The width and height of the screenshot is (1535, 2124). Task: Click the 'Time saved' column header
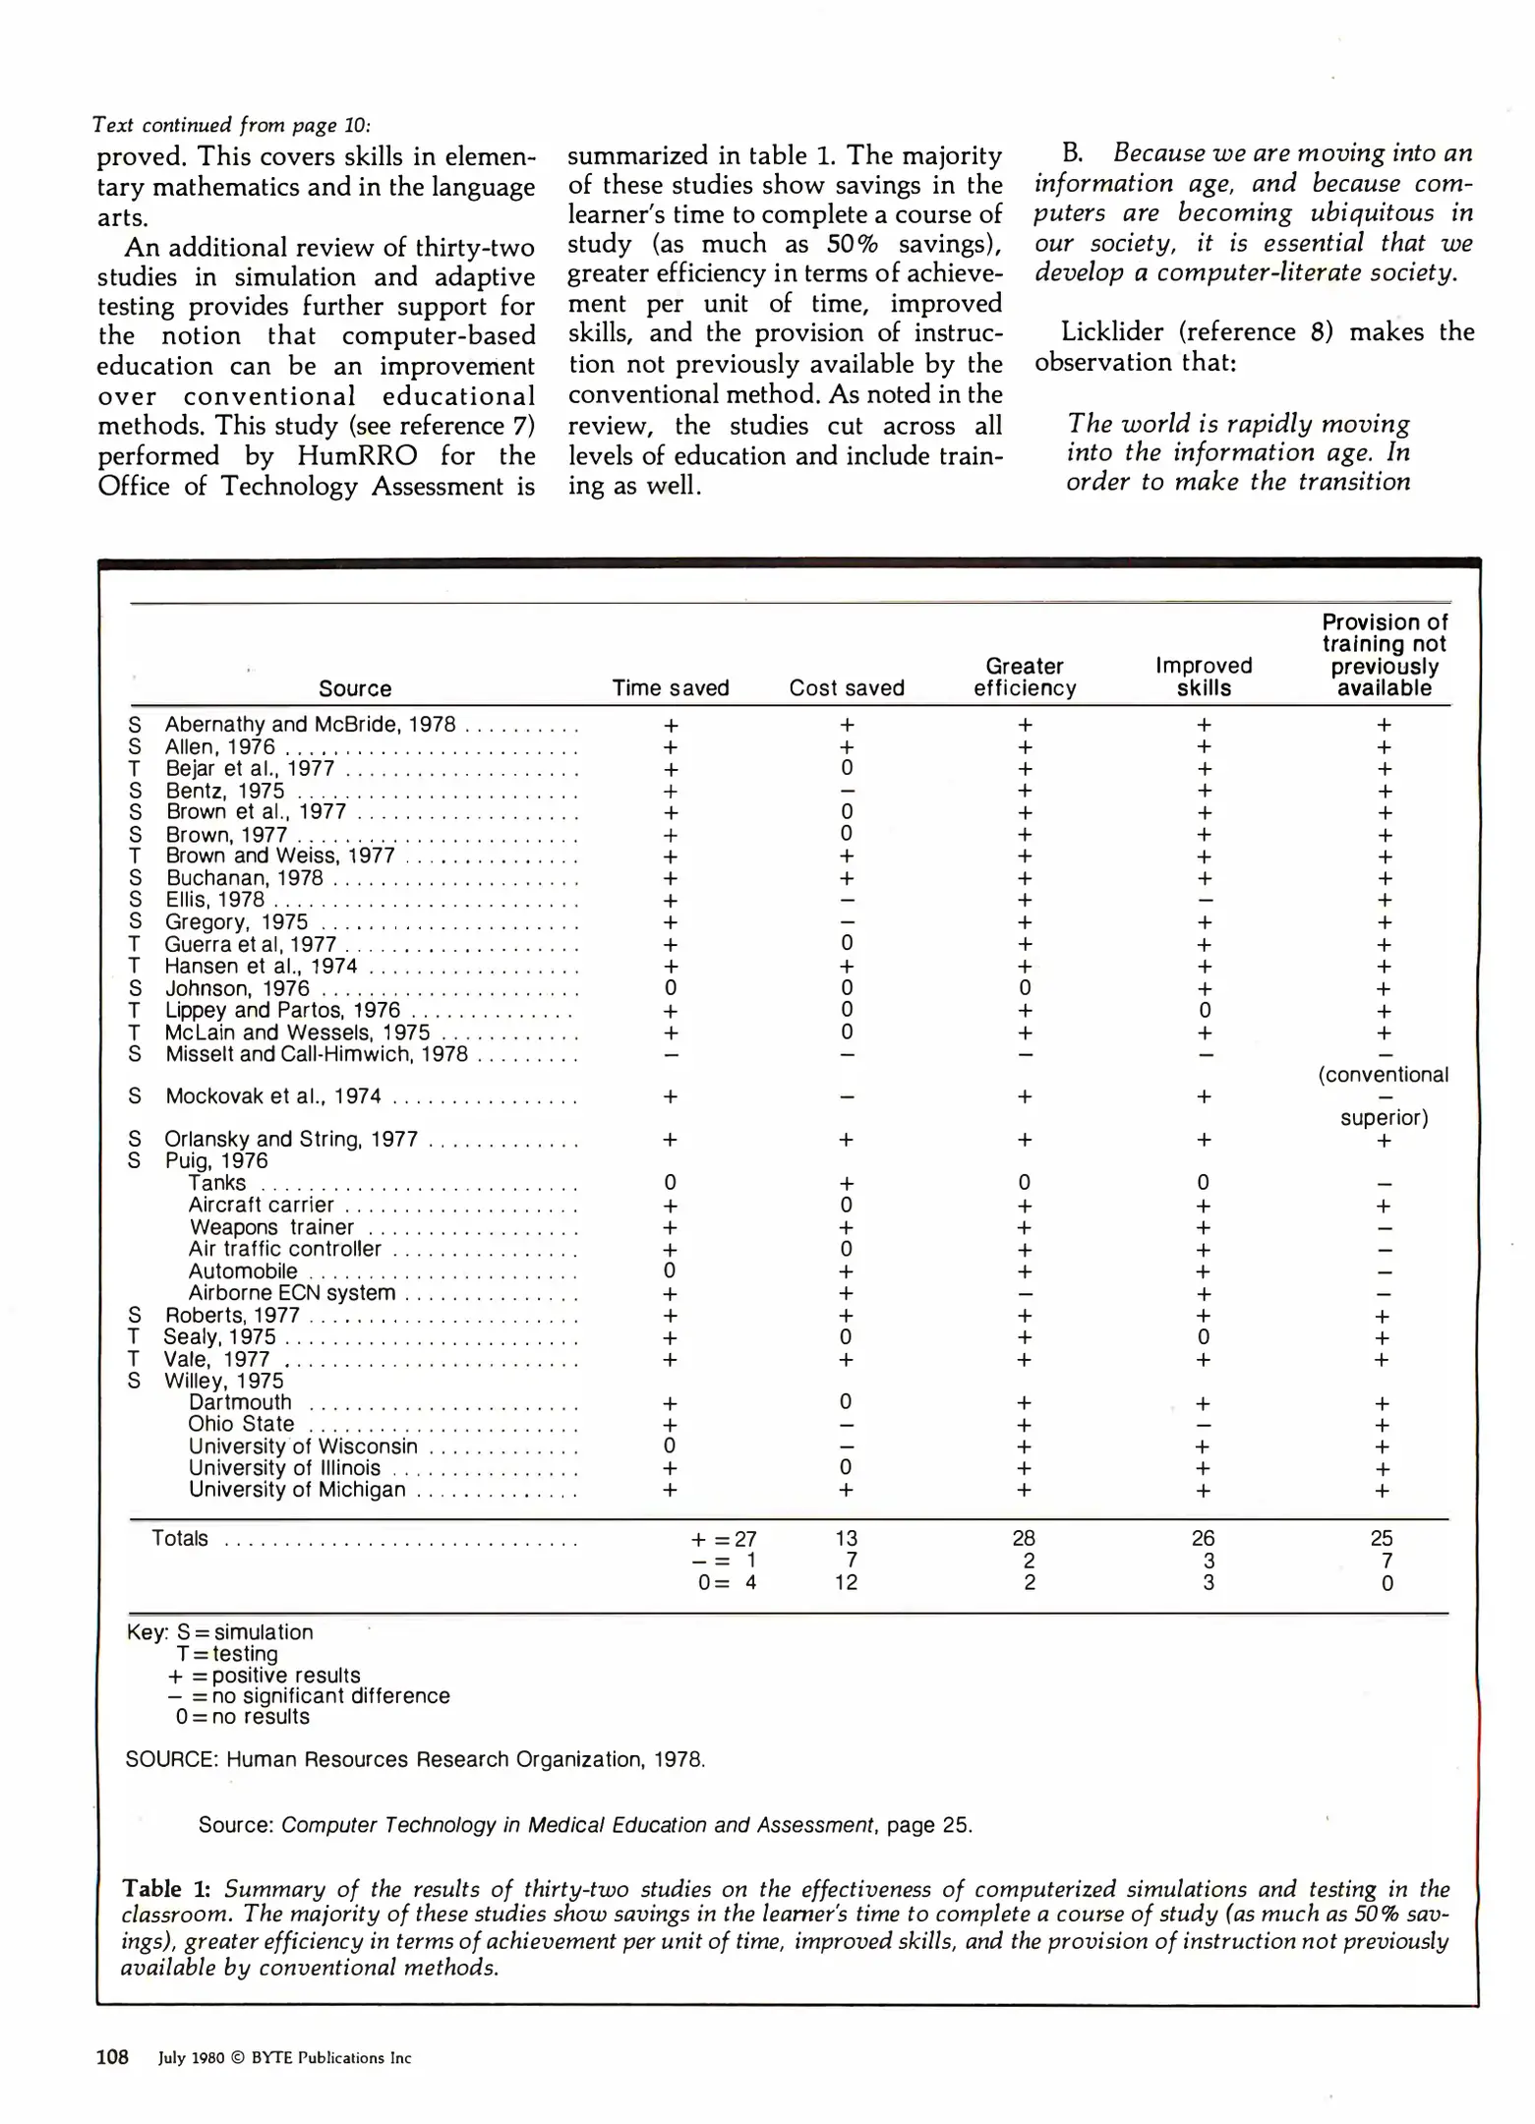pos(671,688)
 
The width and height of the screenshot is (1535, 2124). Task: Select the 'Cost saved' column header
pos(847,688)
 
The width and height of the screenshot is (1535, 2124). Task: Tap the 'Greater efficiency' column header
pos(1025,678)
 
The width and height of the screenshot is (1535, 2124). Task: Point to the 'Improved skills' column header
pos(1204,678)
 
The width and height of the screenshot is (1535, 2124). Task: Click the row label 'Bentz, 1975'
pos(225,792)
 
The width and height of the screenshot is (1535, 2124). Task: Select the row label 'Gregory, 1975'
pos(236,922)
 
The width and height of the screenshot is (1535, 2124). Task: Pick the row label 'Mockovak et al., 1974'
pos(272,1096)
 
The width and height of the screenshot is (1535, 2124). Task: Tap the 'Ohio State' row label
pos(241,1424)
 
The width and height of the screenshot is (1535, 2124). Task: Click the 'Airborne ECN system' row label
pos(292,1293)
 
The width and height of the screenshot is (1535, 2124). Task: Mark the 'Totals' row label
pos(180,1539)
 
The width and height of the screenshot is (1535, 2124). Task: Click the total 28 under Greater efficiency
pos(1024,1539)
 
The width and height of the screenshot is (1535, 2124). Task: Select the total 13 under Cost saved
pos(847,1539)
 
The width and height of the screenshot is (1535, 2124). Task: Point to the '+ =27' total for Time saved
pos(725,1540)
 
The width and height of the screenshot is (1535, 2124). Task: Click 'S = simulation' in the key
pos(245,1632)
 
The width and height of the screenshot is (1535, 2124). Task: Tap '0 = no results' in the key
pos(242,1717)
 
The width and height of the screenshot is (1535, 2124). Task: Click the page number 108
pos(112,2058)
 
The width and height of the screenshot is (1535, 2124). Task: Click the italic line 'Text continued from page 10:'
pos(231,125)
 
